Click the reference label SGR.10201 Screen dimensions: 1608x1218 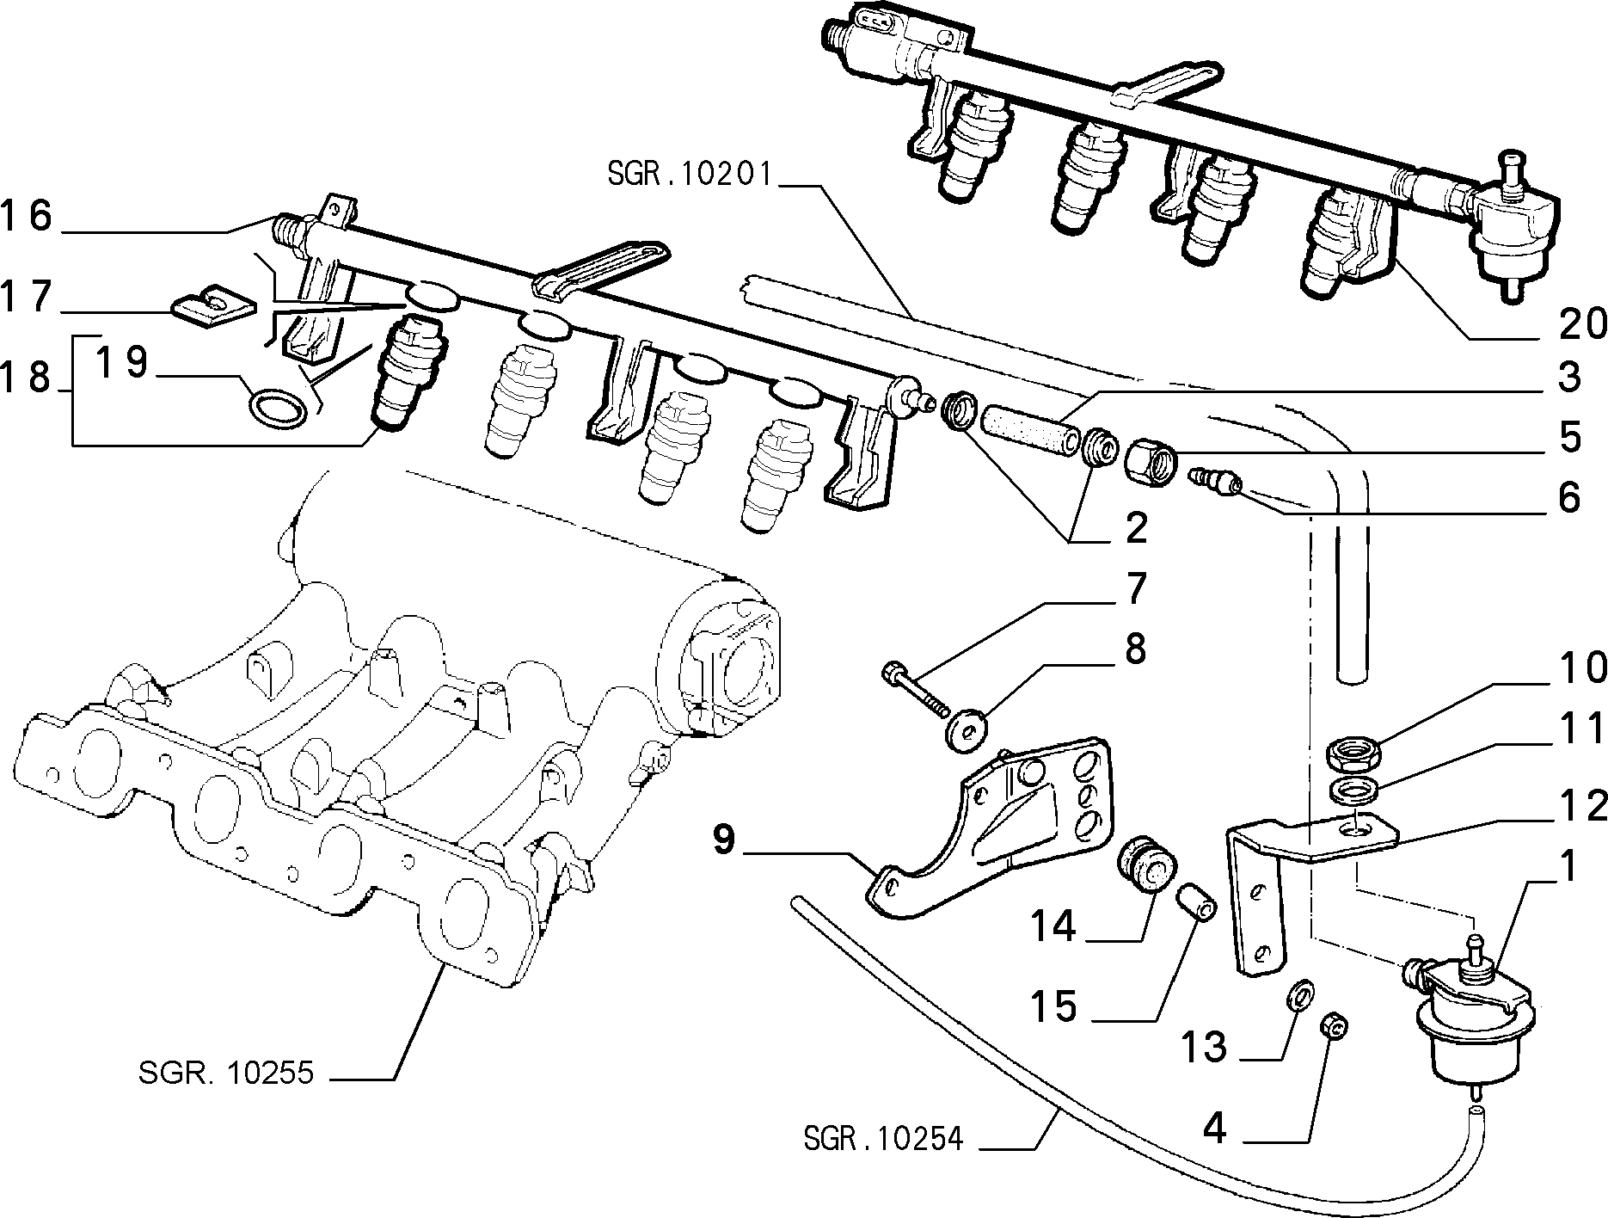(690, 175)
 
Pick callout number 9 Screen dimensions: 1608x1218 (725, 840)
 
